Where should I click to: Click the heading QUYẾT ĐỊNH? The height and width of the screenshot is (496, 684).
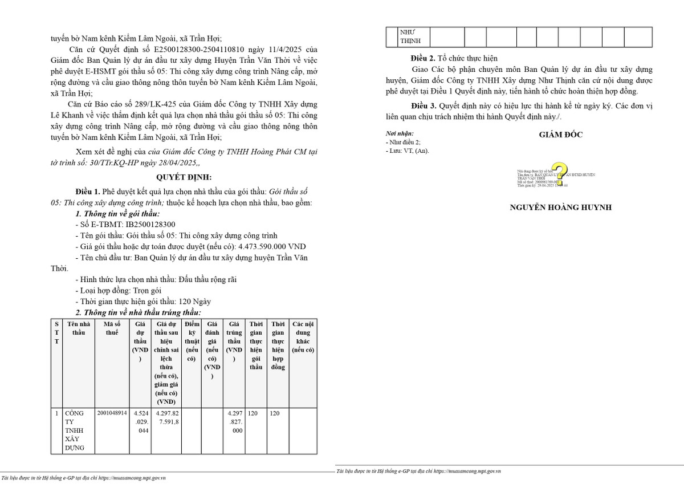[x=184, y=177]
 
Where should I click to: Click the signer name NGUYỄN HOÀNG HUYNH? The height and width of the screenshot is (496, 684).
[x=560, y=208]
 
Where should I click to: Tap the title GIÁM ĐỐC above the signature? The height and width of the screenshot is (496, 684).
[x=561, y=135]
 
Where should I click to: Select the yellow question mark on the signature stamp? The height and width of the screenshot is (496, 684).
[x=560, y=173]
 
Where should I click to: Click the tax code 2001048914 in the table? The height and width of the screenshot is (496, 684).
[x=112, y=413]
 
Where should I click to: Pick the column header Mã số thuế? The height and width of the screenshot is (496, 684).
[x=112, y=328]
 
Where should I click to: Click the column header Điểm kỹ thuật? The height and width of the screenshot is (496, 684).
[x=192, y=341]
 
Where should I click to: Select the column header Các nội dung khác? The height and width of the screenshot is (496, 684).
[x=303, y=337]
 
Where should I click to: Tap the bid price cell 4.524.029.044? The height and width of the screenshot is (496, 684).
[x=140, y=422]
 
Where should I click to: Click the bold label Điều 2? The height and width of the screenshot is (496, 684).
[x=423, y=58]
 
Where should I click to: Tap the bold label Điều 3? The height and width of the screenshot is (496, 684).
[x=423, y=107]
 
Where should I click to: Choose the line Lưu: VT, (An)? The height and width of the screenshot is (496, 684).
[x=408, y=151]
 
